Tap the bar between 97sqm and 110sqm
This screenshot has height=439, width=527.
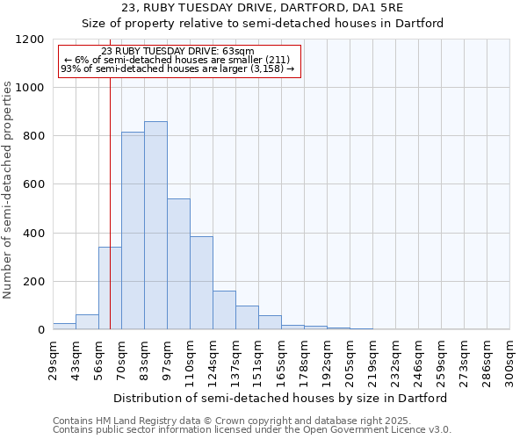click(x=178, y=264)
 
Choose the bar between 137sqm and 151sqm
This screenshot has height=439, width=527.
click(x=247, y=318)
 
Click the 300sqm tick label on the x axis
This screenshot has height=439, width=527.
click(x=509, y=360)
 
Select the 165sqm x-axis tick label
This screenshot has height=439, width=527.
click(x=281, y=360)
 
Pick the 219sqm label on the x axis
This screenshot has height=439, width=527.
click(x=372, y=360)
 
